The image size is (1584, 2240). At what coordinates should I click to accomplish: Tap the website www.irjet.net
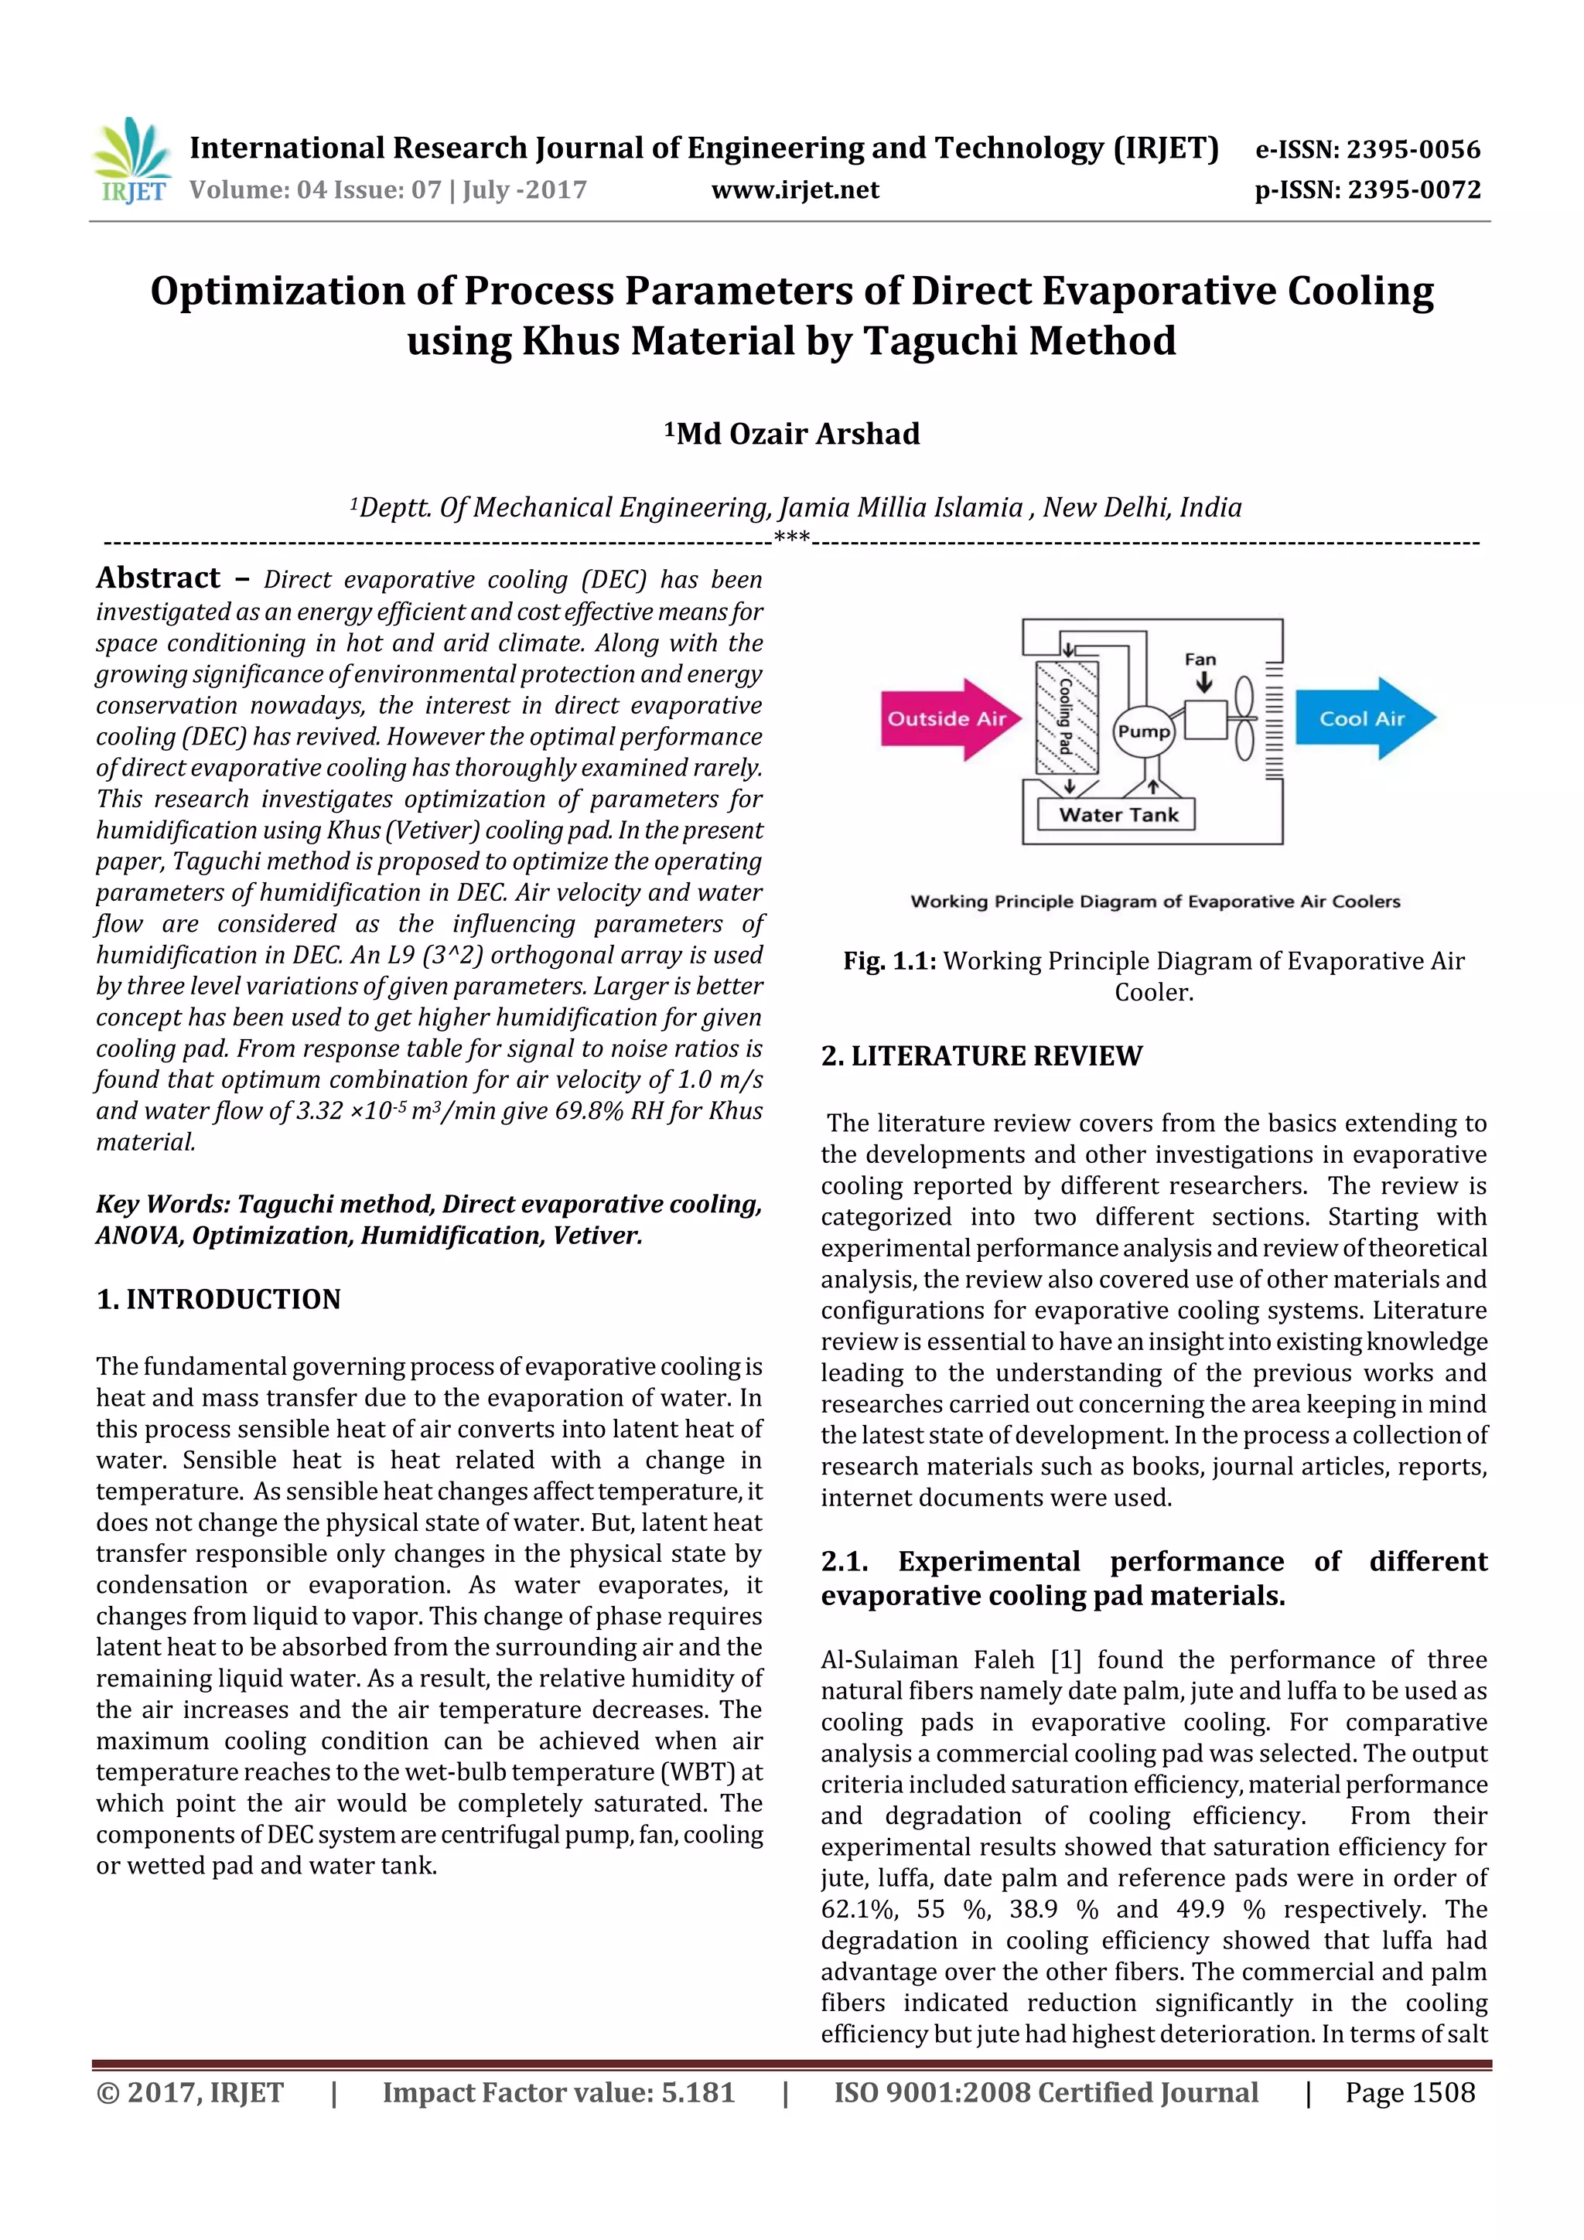pyautogui.click(x=794, y=190)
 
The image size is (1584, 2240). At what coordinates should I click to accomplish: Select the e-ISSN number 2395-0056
pyautogui.click(x=1413, y=149)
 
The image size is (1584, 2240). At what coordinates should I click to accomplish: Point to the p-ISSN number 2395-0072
pyautogui.click(x=1413, y=190)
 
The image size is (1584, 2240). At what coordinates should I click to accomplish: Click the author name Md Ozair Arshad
pyautogui.click(x=797, y=434)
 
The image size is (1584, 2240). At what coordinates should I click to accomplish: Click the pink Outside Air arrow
pyautogui.click(x=947, y=719)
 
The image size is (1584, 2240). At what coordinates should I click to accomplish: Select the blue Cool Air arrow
pyautogui.click(x=1364, y=719)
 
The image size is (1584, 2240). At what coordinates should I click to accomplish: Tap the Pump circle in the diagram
pyautogui.click(x=1144, y=731)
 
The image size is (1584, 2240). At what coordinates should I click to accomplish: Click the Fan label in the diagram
pyautogui.click(x=1200, y=660)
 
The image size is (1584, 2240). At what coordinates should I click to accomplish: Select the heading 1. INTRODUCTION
pyautogui.click(x=219, y=1300)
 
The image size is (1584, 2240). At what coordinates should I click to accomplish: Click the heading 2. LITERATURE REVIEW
pyautogui.click(x=981, y=1055)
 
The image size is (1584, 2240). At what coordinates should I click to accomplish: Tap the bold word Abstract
pyautogui.click(x=158, y=578)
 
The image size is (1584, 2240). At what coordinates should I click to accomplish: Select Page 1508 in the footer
pyautogui.click(x=1409, y=2092)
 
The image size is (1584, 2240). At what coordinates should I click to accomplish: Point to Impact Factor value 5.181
pyautogui.click(x=558, y=2092)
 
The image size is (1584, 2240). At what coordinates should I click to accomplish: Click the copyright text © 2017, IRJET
pyautogui.click(x=190, y=2092)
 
